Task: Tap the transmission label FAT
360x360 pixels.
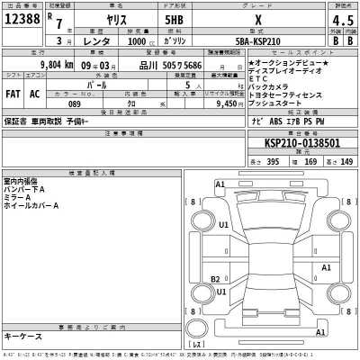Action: (x=13, y=94)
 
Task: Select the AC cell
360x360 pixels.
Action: (x=35, y=94)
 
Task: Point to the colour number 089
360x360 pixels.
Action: (x=75, y=103)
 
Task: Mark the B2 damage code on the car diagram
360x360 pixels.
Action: (x=216, y=278)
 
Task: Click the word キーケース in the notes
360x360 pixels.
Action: (x=24, y=336)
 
